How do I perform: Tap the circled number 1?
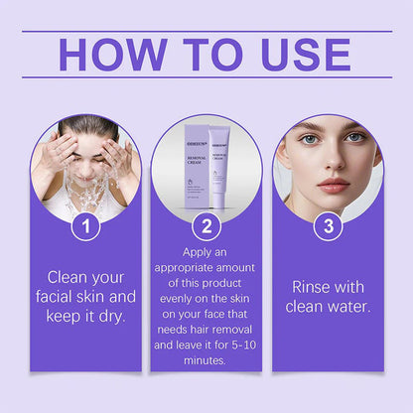point(86,226)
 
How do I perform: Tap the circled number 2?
point(206,226)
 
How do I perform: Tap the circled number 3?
point(328,226)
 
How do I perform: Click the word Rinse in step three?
point(314,286)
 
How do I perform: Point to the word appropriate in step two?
point(189,271)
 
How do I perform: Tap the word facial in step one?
point(58,297)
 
